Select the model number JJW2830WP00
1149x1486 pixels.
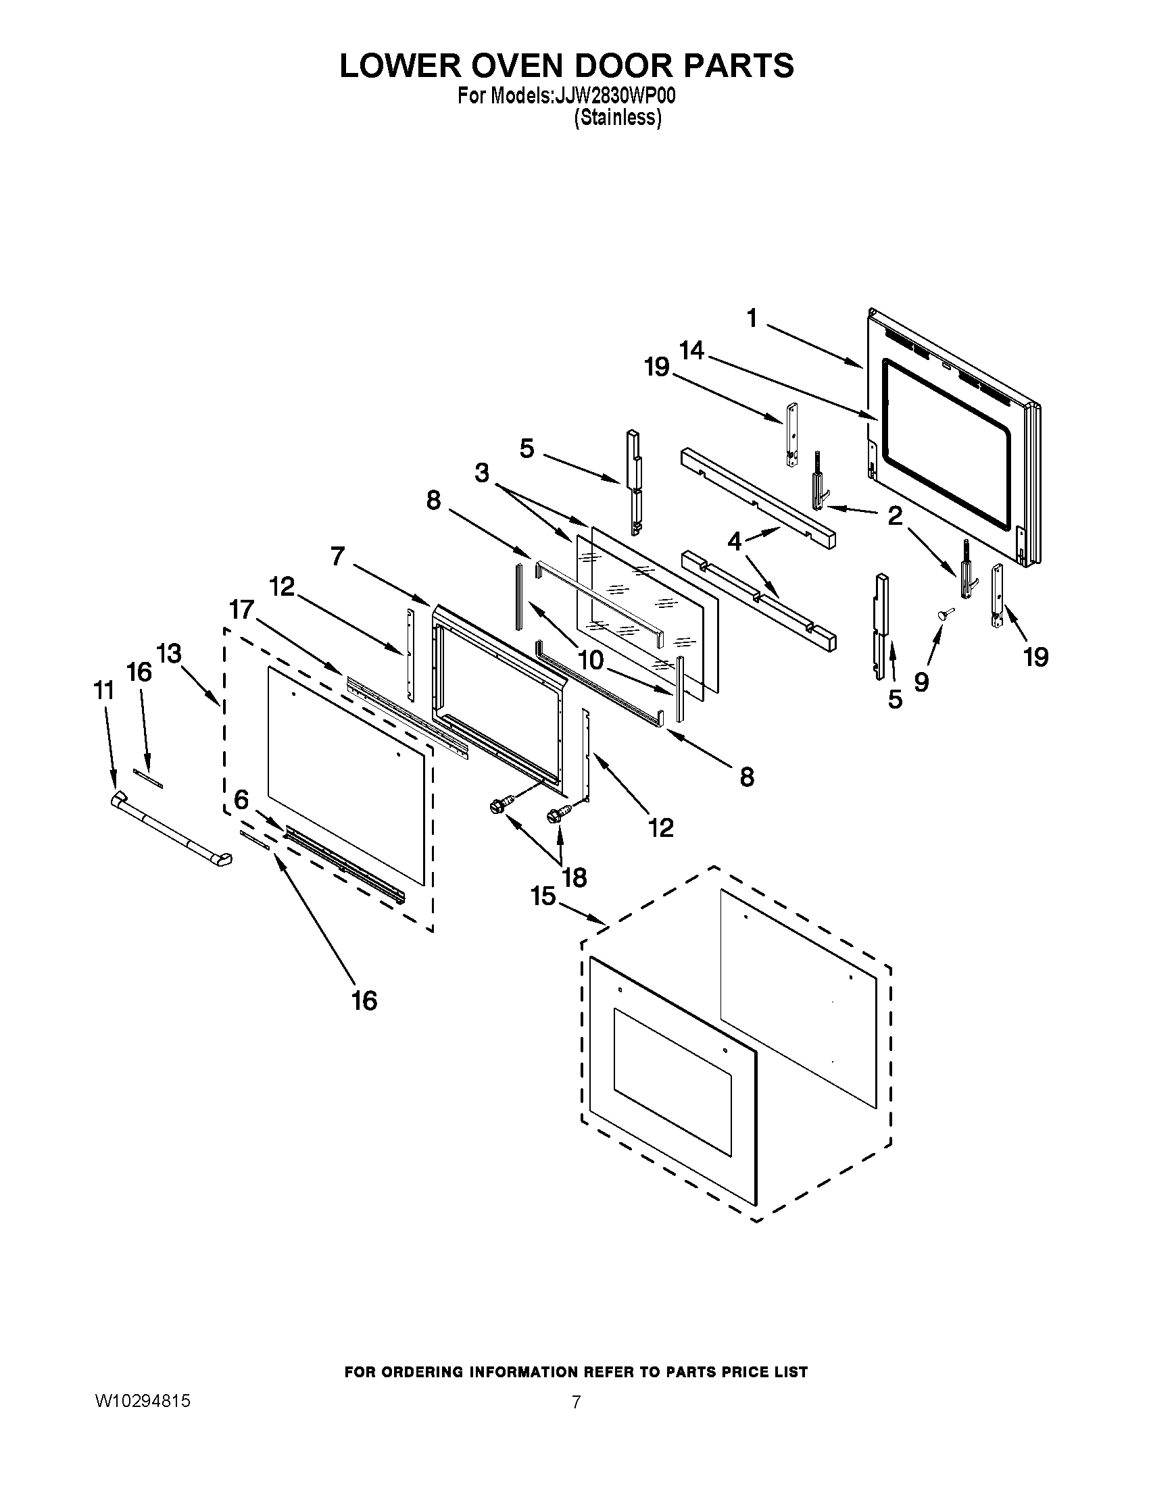614,97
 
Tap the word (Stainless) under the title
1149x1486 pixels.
617,118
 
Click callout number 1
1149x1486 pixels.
752,317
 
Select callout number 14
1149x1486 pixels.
691,351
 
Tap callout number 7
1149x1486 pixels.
339,557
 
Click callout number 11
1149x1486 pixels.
103,690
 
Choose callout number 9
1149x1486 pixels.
921,681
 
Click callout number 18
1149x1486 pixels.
574,877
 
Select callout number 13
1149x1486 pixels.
169,654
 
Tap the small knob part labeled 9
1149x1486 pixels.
942,614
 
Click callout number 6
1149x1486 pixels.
241,800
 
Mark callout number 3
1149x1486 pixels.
482,473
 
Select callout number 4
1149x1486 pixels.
735,542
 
